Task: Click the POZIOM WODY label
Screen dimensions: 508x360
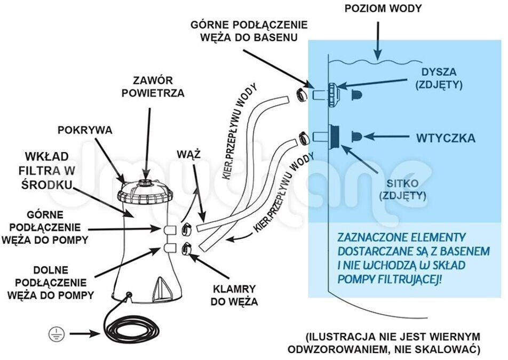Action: tap(383, 9)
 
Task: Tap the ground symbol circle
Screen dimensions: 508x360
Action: tap(57, 334)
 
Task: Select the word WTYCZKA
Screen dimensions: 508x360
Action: tap(446, 138)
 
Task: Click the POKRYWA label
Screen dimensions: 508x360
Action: tap(85, 130)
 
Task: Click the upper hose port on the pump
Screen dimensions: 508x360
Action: tap(169, 229)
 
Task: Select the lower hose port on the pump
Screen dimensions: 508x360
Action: tap(169, 248)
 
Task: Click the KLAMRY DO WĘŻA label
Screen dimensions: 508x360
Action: tap(234, 295)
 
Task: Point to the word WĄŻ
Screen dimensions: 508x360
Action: tap(188, 155)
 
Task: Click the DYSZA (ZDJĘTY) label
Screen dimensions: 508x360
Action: tap(439, 78)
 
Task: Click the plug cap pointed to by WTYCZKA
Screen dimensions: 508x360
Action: tap(356, 137)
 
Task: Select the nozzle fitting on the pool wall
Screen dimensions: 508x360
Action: tap(334, 94)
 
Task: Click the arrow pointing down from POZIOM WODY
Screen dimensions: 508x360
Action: tap(378, 41)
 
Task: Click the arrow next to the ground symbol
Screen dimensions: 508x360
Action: tap(84, 334)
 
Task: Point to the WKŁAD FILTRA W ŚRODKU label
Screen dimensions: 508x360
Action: tap(46, 171)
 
